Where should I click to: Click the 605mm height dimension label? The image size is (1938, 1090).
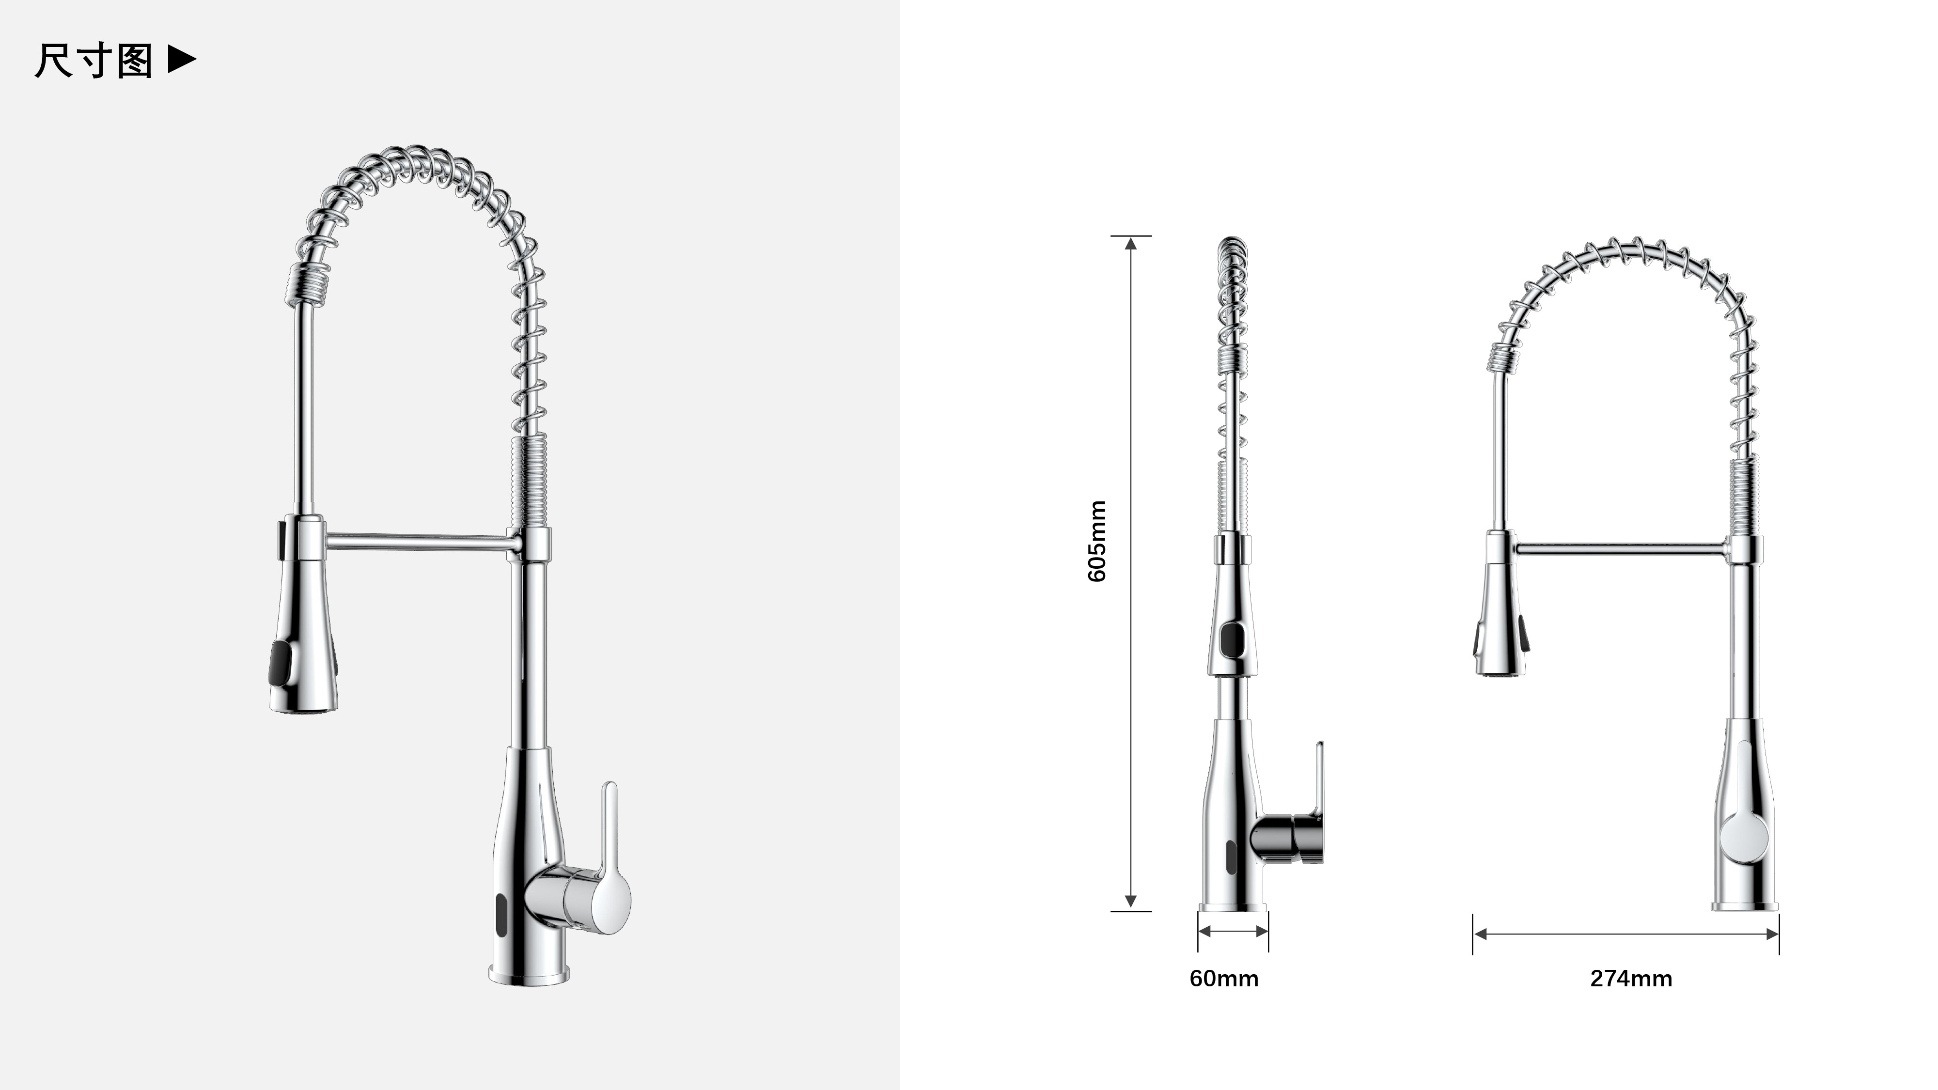pos(1098,541)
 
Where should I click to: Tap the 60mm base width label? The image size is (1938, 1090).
pos(1224,979)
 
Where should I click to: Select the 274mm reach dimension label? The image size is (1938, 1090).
pos(1631,979)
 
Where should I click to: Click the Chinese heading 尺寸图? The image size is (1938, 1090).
pos(94,61)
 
